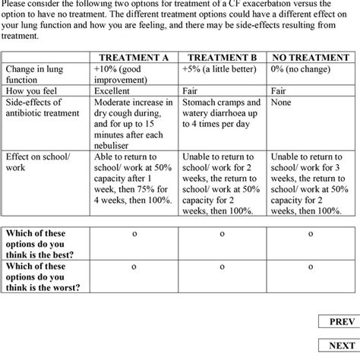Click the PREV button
[341, 322]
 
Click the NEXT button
[341, 346]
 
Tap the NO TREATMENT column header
[311, 57]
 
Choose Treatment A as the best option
[134, 234]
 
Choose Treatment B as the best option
[223, 234]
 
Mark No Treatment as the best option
[311, 234]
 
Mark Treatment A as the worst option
[134, 267]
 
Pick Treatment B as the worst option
[223, 267]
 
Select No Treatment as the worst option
[311, 267]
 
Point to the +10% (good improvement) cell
[128, 74]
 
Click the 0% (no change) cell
[303, 68]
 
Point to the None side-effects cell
[281, 102]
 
